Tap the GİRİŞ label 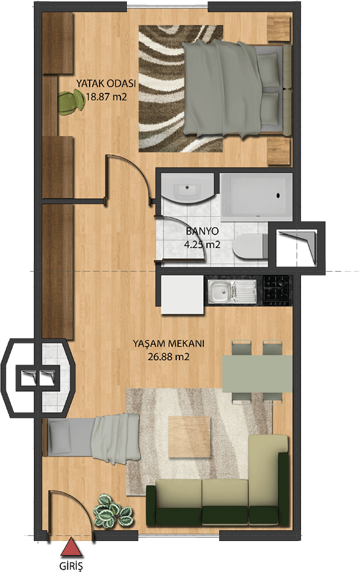pos(71,566)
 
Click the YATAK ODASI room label pos(106,83)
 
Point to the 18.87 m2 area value pos(106,97)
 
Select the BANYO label pos(202,231)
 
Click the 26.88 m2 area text pos(168,356)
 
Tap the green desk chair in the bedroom pos(71,103)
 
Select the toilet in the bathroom pos(250,246)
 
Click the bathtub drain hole pos(279,195)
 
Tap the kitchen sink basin pos(221,291)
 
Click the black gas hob pos(276,290)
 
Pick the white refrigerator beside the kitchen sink pos(183,294)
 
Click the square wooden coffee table pos(190,436)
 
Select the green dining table pos(258,374)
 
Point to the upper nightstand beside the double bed pos(279,28)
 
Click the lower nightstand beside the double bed pos(279,151)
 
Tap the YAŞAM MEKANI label pos(168,344)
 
